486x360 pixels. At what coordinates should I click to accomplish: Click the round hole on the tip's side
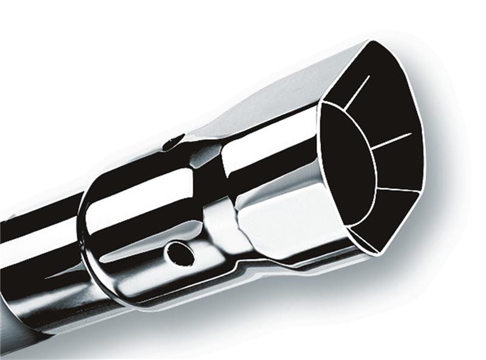tap(180, 254)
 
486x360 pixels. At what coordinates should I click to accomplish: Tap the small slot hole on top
tap(173, 142)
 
